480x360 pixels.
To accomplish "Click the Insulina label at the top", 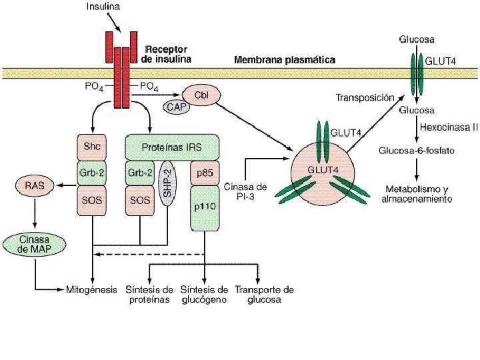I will [x=104, y=7].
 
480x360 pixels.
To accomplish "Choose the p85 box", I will [x=205, y=172].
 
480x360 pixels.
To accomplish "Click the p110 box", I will [x=205, y=207].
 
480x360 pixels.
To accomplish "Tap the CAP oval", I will [x=175, y=106].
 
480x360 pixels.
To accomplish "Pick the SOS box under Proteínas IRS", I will [x=139, y=200].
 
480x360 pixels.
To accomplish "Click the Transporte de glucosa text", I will [x=264, y=295].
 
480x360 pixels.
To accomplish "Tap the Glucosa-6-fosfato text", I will [x=417, y=151].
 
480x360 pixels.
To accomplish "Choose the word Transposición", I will [x=365, y=97].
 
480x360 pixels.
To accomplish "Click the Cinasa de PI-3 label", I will [x=247, y=191].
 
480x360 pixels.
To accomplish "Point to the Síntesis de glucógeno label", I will [x=205, y=295].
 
